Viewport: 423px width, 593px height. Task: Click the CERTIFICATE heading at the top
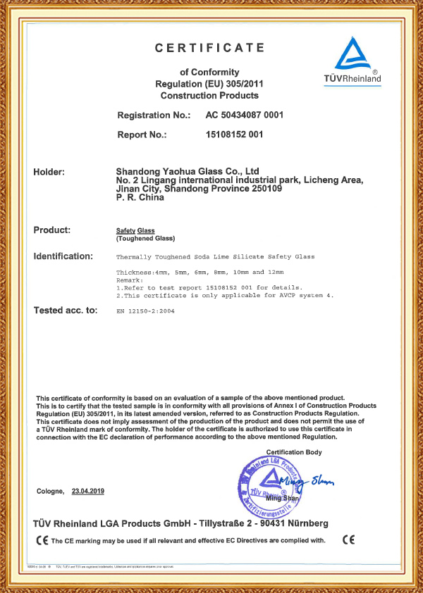[209, 48]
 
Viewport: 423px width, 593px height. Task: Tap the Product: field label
[52, 230]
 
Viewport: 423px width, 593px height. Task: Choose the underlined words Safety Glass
[135, 230]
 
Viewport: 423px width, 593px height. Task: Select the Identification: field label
[63, 256]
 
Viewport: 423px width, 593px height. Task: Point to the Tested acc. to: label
[65, 311]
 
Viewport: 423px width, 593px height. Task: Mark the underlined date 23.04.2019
[87, 491]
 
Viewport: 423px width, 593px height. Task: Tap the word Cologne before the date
[49, 491]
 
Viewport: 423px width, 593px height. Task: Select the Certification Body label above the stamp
[293, 451]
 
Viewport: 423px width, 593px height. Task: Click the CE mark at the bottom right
[348, 540]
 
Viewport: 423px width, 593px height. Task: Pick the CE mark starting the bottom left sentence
[42, 541]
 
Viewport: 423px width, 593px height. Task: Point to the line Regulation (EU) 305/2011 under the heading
[209, 84]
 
